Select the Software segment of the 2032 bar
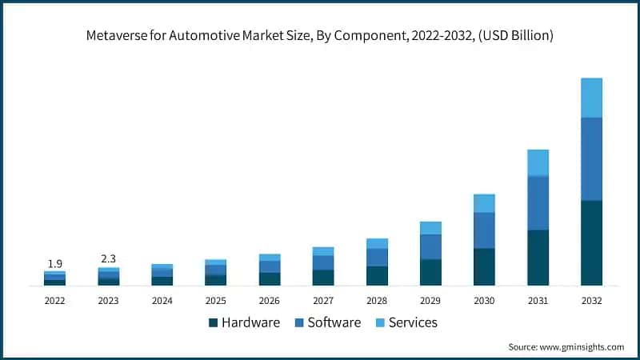[x=591, y=158]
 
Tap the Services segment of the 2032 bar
[x=591, y=98]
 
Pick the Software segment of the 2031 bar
[x=538, y=202]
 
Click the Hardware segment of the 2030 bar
[x=484, y=266]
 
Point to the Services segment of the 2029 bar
[x=430, y=228]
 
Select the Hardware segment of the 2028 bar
[x=377, y=275]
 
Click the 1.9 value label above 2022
[x=54, y=264]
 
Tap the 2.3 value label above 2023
[x=108, y=259]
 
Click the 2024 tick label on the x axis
[x=162, y=301]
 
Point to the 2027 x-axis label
[x=323, y=301]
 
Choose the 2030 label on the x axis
[x=484, y=301]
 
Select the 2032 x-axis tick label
[x=591, y=301]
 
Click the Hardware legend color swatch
[x=213, y=322]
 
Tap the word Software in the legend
[x=334, y=322]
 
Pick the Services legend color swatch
[x=381, y=322]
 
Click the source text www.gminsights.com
[x=581, y=346]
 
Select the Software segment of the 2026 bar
[x=270, y=266]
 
